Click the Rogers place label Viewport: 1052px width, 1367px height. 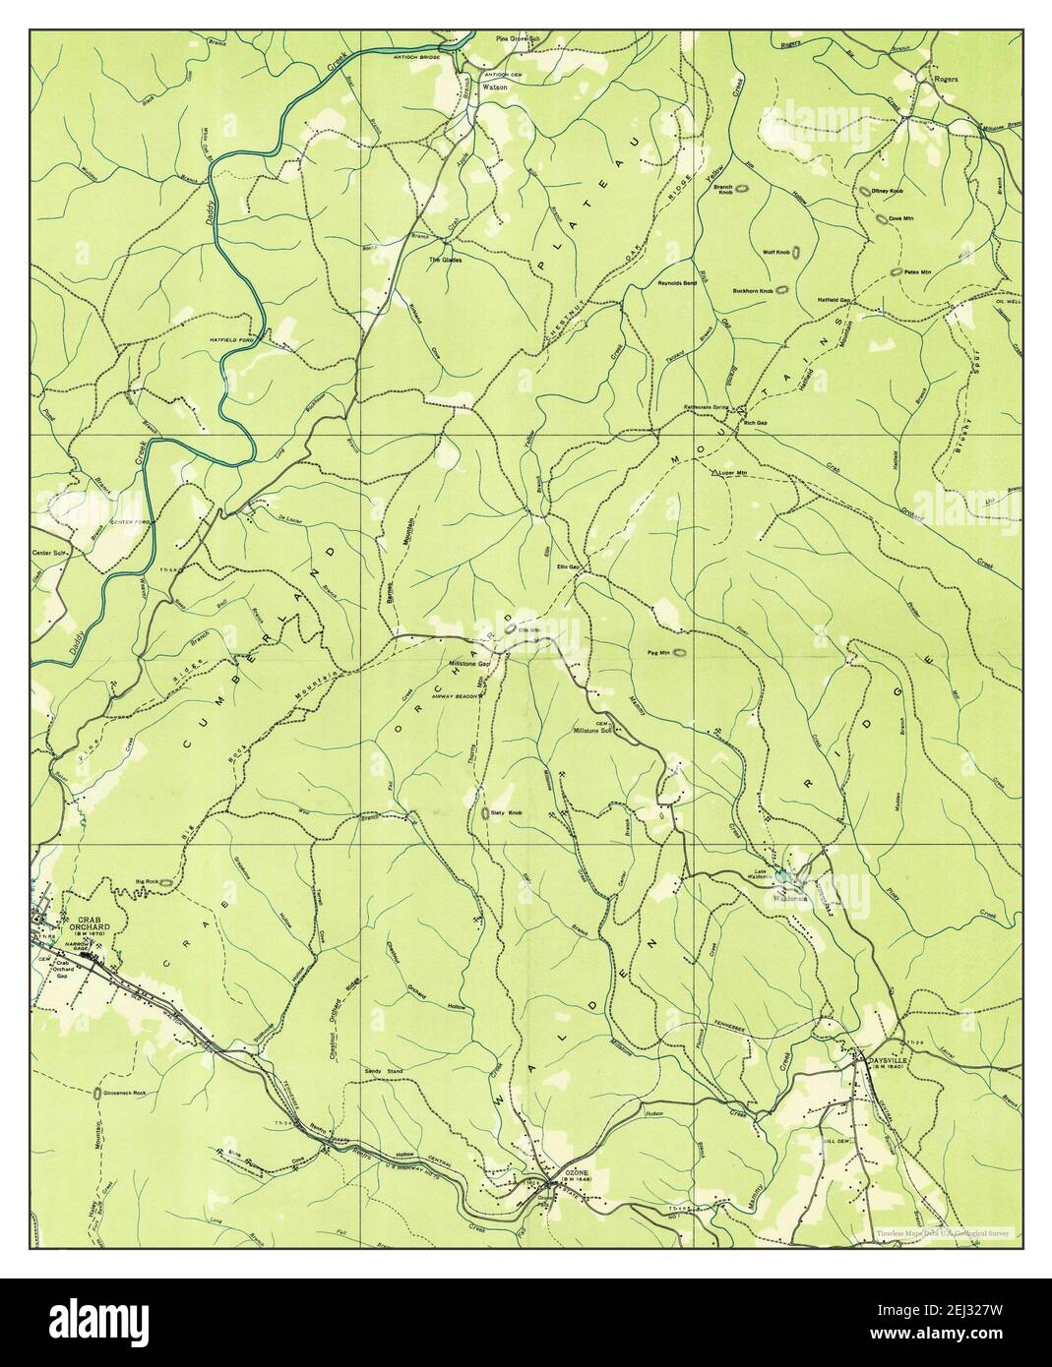coord(946,79)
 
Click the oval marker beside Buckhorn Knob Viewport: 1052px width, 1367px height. coord(783,290)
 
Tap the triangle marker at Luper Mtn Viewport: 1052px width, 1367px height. coord(715,473)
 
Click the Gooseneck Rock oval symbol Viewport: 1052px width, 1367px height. coord(96,1093)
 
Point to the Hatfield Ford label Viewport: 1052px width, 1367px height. coord(205,340)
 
